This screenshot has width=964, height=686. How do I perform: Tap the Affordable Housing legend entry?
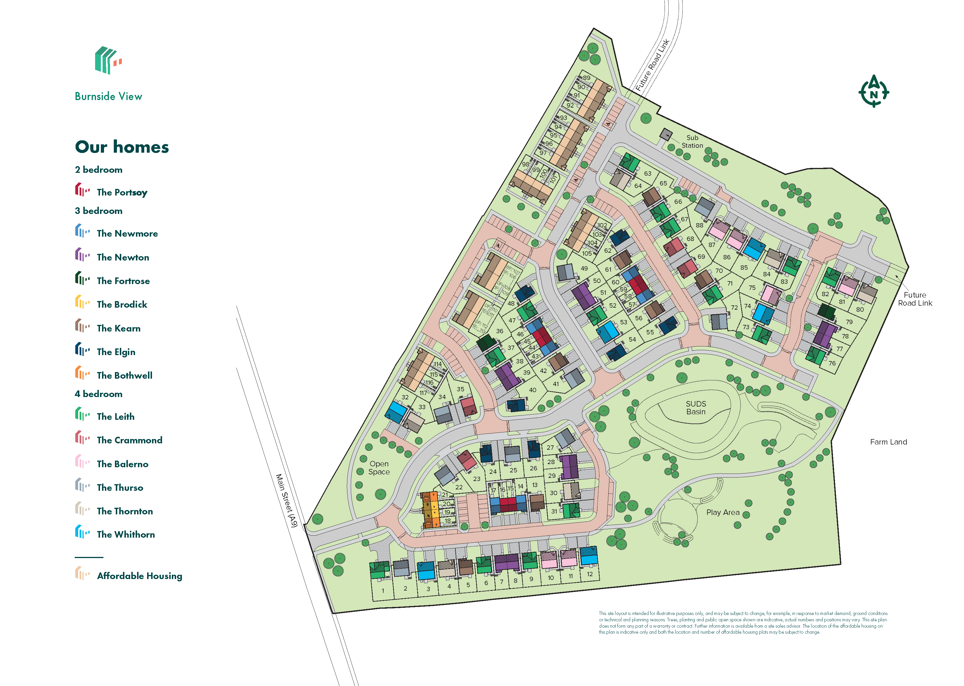pyautogui.click(x=139, y=576)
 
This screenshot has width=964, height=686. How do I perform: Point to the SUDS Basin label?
pyautogui.click(x=696, y=408)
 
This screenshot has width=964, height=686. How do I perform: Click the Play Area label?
pyautogui.click(x=723, y=512)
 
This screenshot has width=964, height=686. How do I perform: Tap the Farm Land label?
pyautogui.click(x=888, y=442)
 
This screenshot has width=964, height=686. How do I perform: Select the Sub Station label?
pyautogui.click(x=692, y=141)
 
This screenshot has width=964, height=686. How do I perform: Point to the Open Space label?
pyautogui.click(x=379, y=467)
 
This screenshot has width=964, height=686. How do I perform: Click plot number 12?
pyautogui.click(x=590, y=574)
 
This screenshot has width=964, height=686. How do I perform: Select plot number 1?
pyautogui.click(x=383, y=591)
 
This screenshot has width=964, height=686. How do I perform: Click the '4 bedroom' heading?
pyautogui.click(x=98, y=394)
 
